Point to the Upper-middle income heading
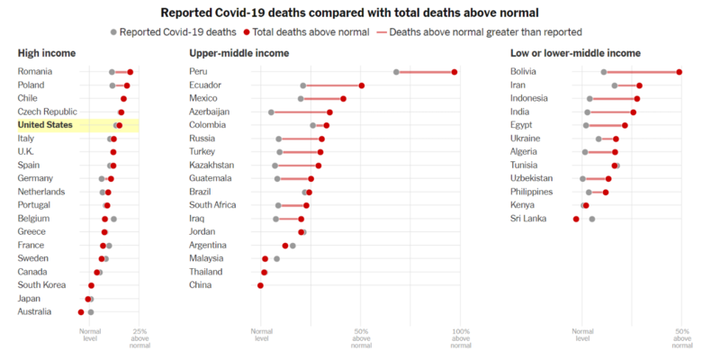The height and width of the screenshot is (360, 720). pyautogui.click(x=238, y=53)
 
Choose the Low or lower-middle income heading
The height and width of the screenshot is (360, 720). pyautogui.click(x=575, y=53)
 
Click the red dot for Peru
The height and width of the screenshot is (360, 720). pyautogui.click(x=454, y=72)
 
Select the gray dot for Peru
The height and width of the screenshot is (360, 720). pyautogui.click(x=396, y=72)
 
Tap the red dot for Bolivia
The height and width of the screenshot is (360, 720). pyautogui.click(x=679, y=72)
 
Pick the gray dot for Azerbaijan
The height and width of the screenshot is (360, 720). pyautogui.click(x=271, y=112)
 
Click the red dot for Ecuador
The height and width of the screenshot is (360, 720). pyautogui.click(x=362, y=85)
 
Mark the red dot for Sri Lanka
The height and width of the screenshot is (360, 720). pyautogui.click(x=576, y=219)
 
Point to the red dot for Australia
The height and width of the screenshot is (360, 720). pyautogui.click(x=81, y=312)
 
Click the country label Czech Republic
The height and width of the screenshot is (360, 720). pyautogui.click(x=47, y=112)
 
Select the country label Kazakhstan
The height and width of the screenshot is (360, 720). pyautogui.click(x=211, y=166)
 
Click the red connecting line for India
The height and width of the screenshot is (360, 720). pyautogui.click(x=610, y=112)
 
